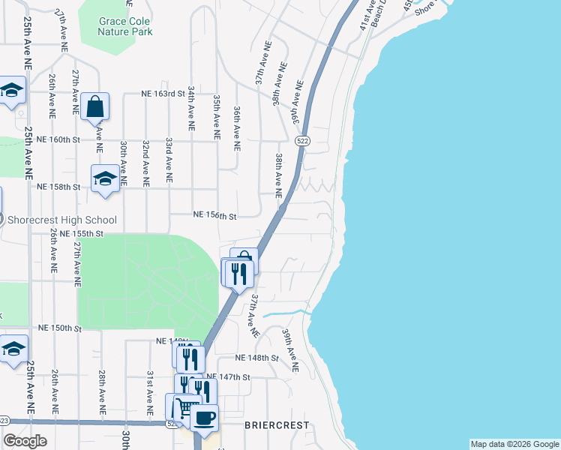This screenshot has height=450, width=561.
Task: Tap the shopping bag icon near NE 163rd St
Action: coord(96,106)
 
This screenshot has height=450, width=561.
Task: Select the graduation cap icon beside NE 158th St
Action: coord(105,179)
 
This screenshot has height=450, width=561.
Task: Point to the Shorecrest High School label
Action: coord(61,220)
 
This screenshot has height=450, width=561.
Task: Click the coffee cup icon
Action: coord(203,418)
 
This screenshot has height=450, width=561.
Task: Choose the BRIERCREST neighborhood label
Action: coord(277,425)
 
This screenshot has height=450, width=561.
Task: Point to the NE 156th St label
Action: coord(214,216)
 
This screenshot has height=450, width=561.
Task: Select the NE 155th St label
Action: coord(81,234)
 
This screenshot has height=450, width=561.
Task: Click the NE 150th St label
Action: coord(58,328)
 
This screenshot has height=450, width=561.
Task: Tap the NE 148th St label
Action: coord(256,358)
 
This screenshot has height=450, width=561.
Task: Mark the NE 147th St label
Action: coord(226,376)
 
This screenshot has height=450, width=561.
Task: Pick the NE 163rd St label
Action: coord(163,94)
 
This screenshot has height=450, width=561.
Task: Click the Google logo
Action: coord(25,441)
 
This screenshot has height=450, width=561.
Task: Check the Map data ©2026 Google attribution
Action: coord(514,444)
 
